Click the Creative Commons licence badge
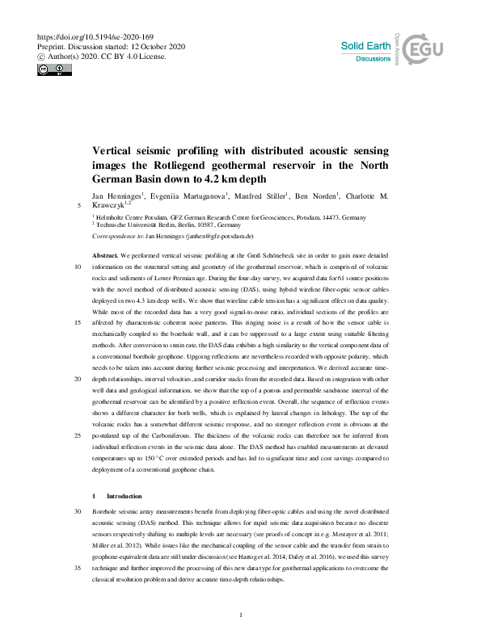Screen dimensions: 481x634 pyautogui.click(x=50, y=69)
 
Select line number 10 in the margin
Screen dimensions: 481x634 pyautogui.click(x=77, y=266)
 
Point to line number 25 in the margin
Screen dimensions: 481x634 pyautogui.click(x=77, y=435)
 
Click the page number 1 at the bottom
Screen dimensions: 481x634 pyautogui.click(x=241, y=615)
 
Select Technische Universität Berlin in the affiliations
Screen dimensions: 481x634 pyautogui.click(x=140, y=225)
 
